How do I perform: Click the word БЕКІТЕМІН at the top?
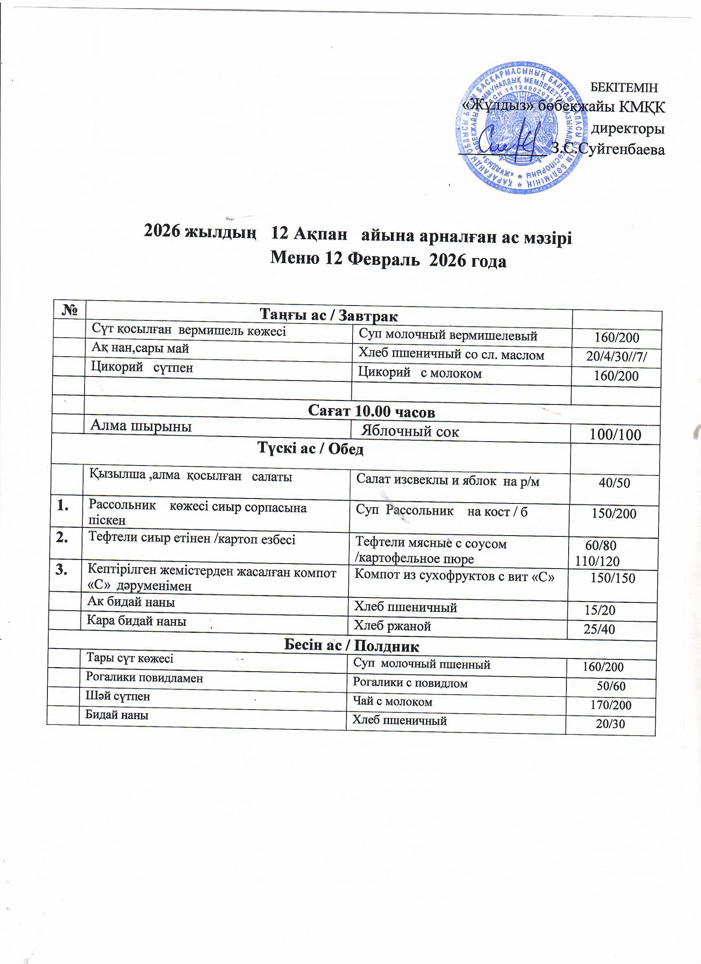[624, 88]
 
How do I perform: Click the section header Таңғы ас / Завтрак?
[329, 315]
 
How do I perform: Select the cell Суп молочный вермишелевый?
[448, 336]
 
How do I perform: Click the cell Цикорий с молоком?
[420, 373]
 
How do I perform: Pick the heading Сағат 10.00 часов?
[371, 411]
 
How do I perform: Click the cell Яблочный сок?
[410, 432]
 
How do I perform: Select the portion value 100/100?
[616, 435]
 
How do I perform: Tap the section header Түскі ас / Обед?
[311, 449]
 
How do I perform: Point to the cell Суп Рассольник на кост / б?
[441, 511]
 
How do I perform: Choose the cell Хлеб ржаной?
[393, 625]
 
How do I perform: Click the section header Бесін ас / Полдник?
[351, 646]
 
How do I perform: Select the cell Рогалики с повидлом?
[410, 683]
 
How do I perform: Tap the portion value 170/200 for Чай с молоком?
[610, 705]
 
